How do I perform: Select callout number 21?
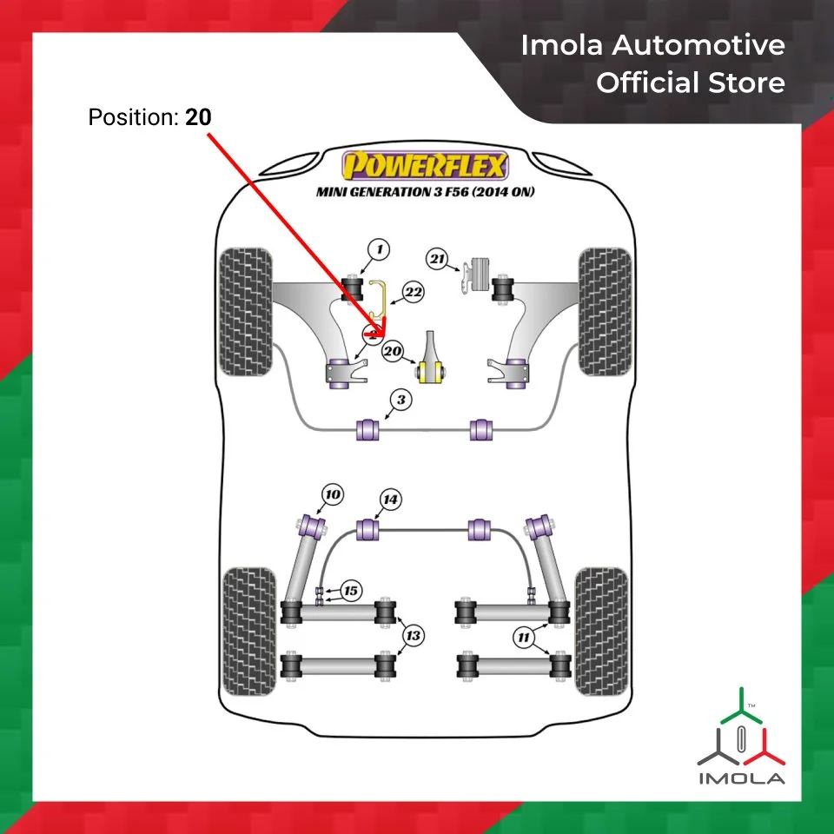437,257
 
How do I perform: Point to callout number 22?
413,293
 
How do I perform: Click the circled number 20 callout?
393,352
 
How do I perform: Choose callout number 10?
332,495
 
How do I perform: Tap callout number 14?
391,500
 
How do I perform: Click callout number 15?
349,592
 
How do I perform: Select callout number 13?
414,636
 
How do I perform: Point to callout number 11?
523,639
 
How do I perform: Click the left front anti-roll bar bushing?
369,429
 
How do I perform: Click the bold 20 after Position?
198,116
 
